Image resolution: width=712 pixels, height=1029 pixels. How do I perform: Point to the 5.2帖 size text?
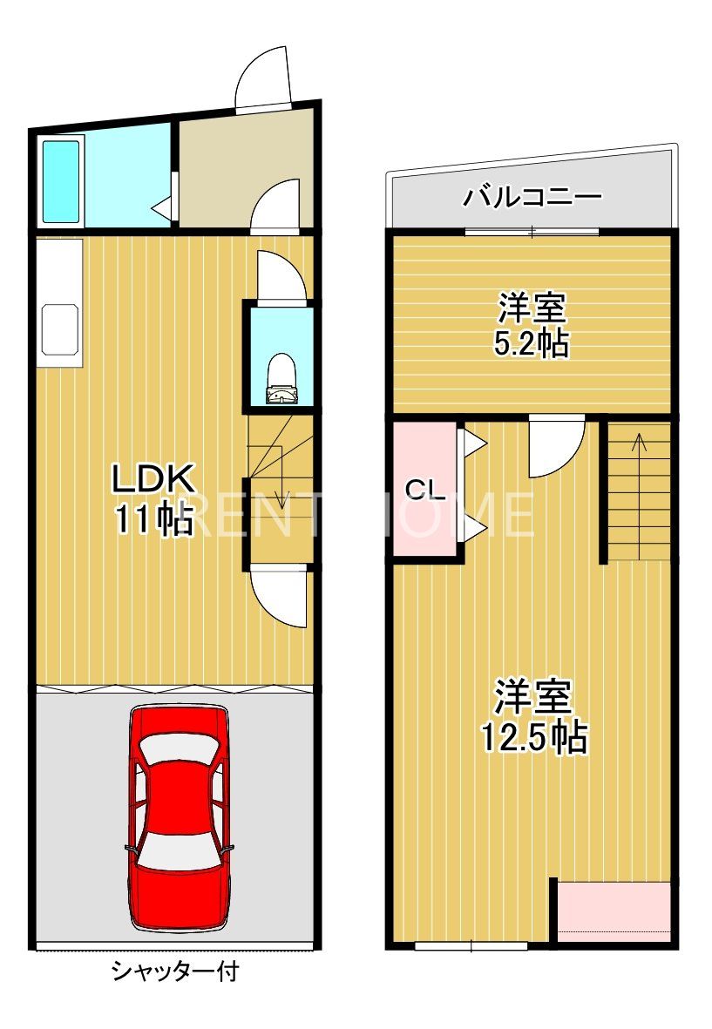[x=532, y=343]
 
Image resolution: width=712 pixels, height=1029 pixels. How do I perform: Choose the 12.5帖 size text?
[x=533, y=738]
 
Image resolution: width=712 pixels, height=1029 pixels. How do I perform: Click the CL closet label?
[x=425, y=489]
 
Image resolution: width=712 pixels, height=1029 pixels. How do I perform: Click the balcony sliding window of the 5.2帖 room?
[x=532, y=232]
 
